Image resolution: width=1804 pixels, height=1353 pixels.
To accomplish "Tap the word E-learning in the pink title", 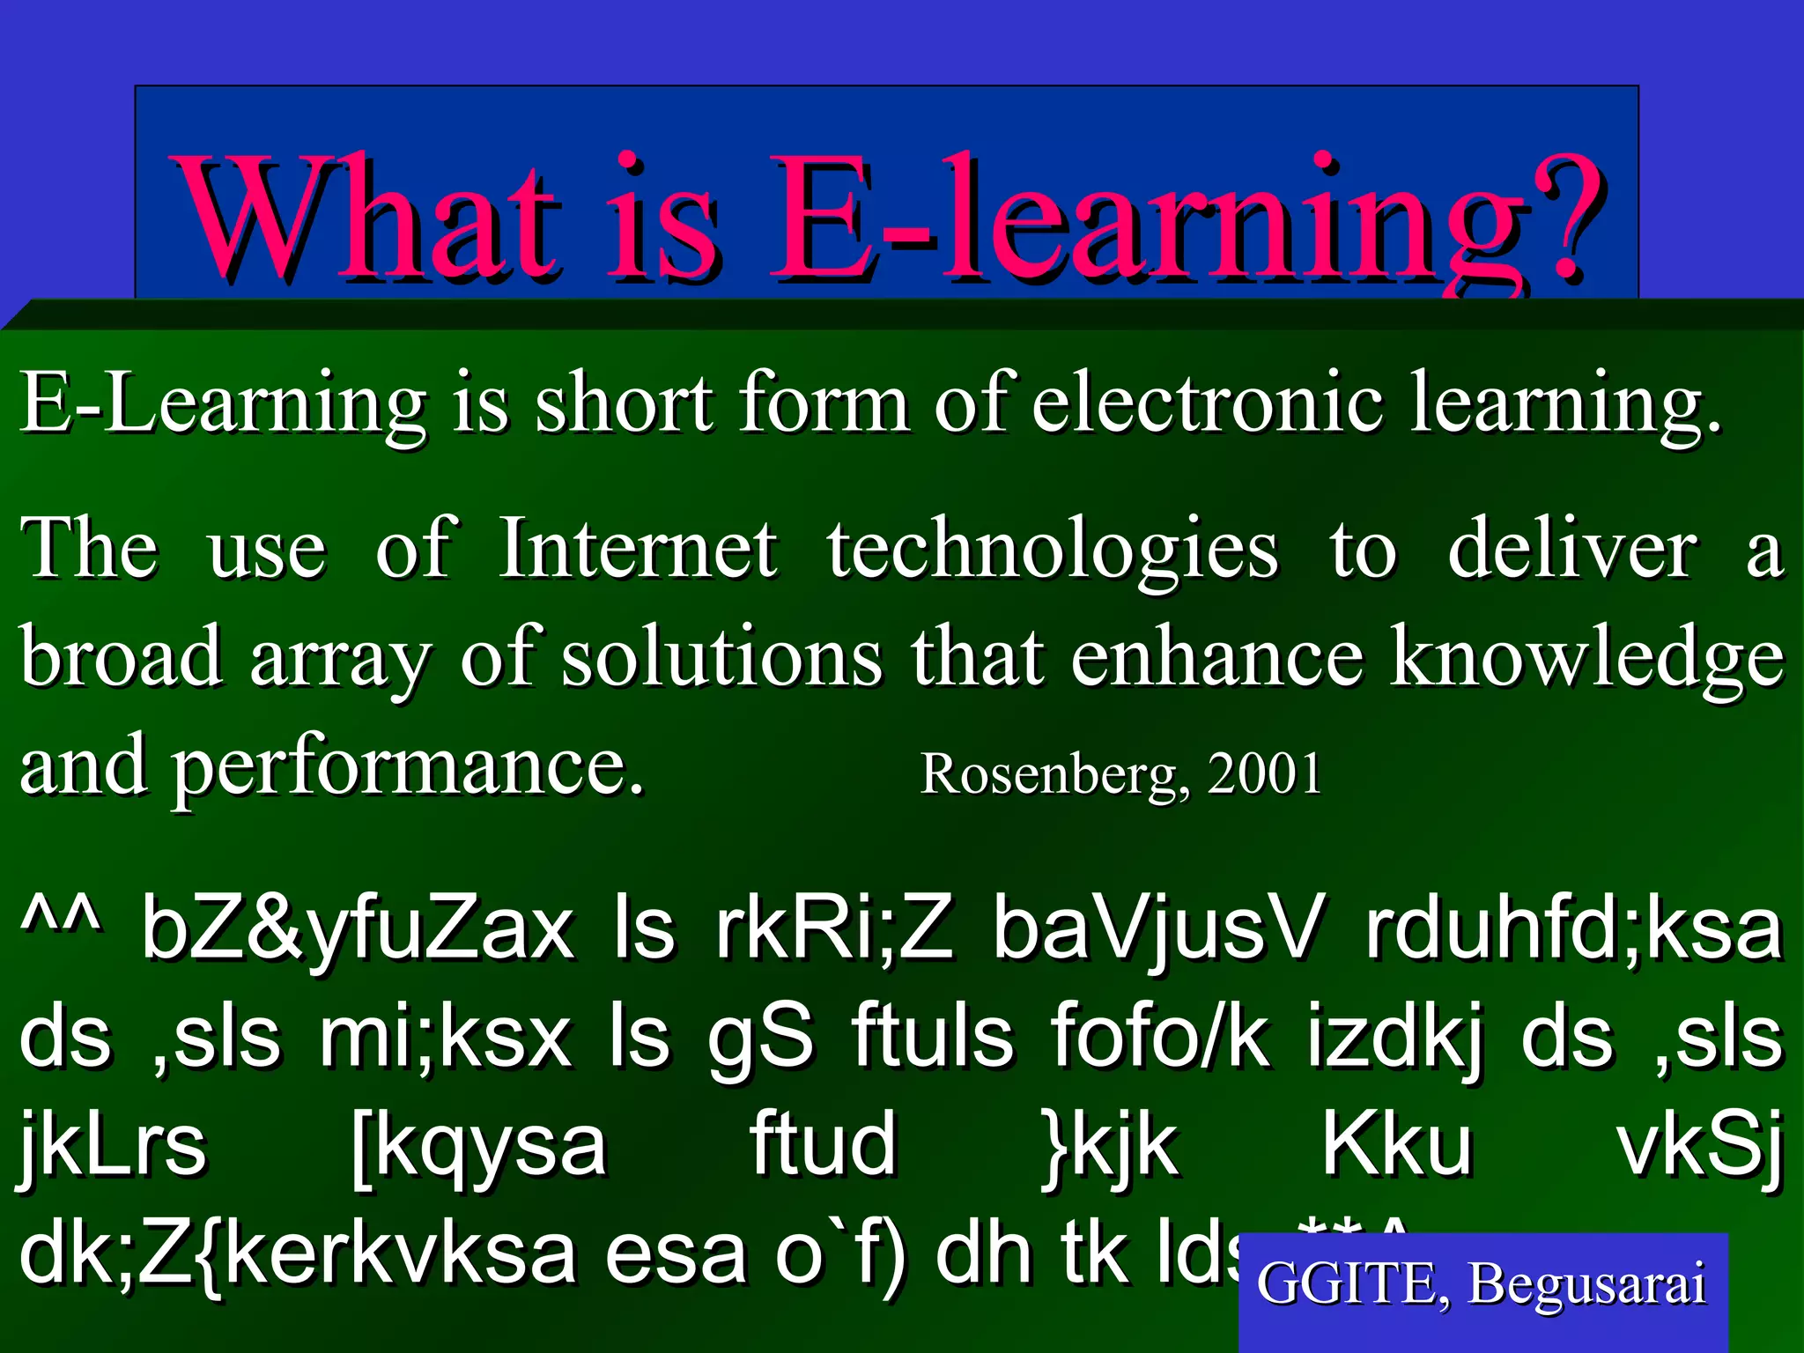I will pyautogui.click(x=1145, y=220).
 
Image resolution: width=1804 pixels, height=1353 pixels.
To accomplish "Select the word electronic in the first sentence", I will pyautogui.click(x=1207, y=403).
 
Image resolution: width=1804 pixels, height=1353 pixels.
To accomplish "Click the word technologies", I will pyautogui.click(x=1052, y=551).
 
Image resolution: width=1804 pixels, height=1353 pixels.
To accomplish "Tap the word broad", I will pyautogui.click(x=122, y=656).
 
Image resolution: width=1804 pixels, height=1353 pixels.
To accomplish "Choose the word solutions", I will pyautogui.click(x=721, y=656).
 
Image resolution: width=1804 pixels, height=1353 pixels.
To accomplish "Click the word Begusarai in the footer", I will pyautogui.click(x=1586, y=1284).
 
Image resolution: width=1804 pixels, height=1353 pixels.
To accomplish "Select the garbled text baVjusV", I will pyautogui.click(x=1157, y=931).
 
